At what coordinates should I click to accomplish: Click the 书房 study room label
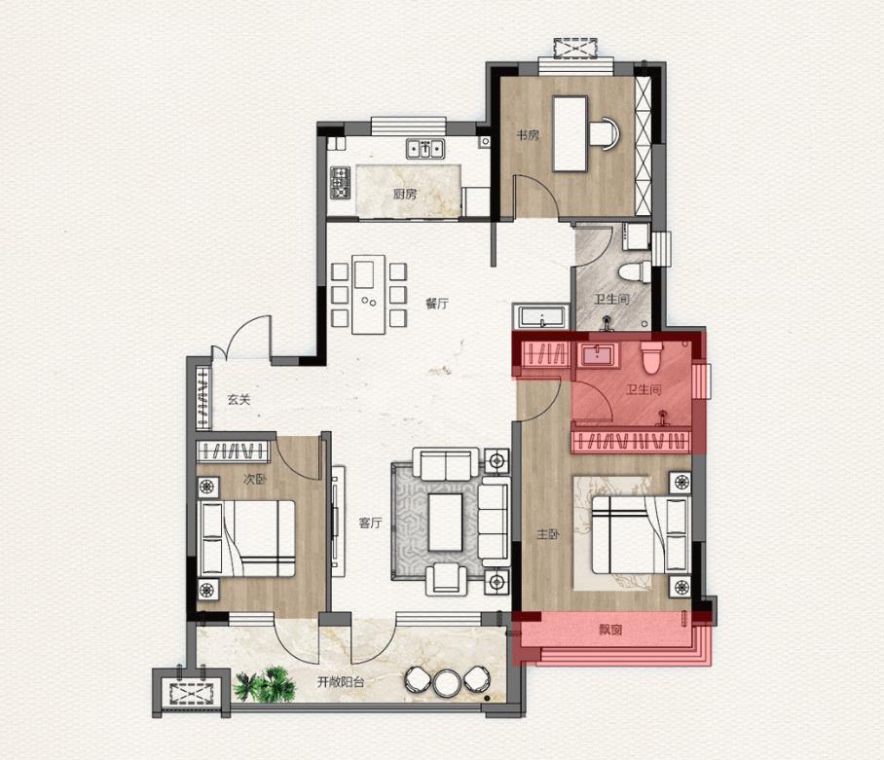[x=529, y=135]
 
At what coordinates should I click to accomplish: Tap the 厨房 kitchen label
[x=405, y=195]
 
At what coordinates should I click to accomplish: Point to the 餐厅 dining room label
[x=437, y=304]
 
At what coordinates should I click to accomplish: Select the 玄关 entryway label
[x=239, y=399]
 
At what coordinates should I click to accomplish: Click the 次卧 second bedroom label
[x=255, y=480]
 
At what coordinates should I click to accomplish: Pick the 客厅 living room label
[x=370, y=523]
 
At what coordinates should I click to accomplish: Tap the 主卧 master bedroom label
[x=548, y=534]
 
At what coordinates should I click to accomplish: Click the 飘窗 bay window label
[x=610, y=630]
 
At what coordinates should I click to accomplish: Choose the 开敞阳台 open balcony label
[x=341, y=682]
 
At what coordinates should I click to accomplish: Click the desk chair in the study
[x=605, y=133]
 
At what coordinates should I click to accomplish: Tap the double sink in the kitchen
[x=425, y=149]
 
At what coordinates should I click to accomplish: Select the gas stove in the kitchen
[x=340, y=183]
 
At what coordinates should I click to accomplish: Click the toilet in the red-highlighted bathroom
[x=650, y=356]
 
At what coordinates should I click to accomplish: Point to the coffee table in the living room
[x=445, y=523]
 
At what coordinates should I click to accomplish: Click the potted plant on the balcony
[x=265, y=684]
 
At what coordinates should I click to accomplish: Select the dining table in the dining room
[x=369, y=295]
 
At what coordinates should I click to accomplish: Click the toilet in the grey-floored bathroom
[x=632, y=271]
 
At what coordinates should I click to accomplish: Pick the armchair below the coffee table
[x=447, y=579]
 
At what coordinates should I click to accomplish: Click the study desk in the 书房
[x=570, y=133]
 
